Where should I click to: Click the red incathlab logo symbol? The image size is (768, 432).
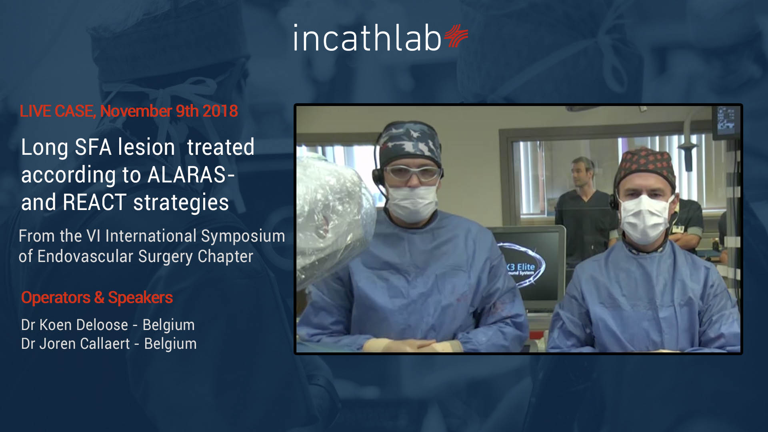(456, 36)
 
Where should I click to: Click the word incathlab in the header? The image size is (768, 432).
(367, 38)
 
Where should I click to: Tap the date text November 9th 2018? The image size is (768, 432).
(169, 111)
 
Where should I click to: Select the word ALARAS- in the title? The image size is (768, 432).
(191, 175)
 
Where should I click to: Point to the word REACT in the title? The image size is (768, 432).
(95, 202)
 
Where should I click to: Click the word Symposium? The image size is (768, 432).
(243, 236)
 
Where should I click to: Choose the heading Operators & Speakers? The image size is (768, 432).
(97, 298)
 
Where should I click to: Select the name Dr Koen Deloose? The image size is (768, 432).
(74, 325)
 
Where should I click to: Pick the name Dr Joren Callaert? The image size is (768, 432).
(76, 344)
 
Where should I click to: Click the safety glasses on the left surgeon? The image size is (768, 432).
(412, 173)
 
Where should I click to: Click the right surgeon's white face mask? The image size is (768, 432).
(644, 219)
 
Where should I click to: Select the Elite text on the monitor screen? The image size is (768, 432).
(526, 267)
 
